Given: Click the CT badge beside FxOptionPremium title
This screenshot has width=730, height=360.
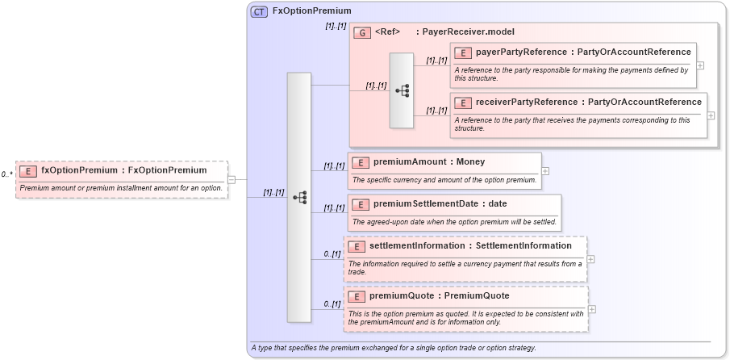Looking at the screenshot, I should [260, 11].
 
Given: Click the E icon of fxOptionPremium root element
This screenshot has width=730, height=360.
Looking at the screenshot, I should [28, 171].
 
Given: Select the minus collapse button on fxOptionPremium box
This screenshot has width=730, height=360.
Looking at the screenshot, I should [232, 179].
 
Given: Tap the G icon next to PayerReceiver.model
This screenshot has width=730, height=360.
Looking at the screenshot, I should [362, 32].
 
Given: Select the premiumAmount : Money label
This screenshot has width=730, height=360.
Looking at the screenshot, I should [429, 162].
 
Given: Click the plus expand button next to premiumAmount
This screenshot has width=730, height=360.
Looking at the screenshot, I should [546, 171].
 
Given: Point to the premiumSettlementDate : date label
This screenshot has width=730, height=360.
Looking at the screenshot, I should [440, 203].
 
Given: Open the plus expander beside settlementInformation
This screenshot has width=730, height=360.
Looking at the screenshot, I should [591, 259].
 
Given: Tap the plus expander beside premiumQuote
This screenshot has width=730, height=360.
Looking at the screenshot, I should [593, 309].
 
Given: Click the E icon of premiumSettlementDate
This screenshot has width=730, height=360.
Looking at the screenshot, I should [361, 203].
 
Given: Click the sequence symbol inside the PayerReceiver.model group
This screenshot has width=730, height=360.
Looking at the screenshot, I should [402, 90].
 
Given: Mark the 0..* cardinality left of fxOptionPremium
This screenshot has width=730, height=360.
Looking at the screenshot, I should [6, 174].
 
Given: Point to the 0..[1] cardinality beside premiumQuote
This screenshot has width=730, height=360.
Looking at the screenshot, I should [332, 303].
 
